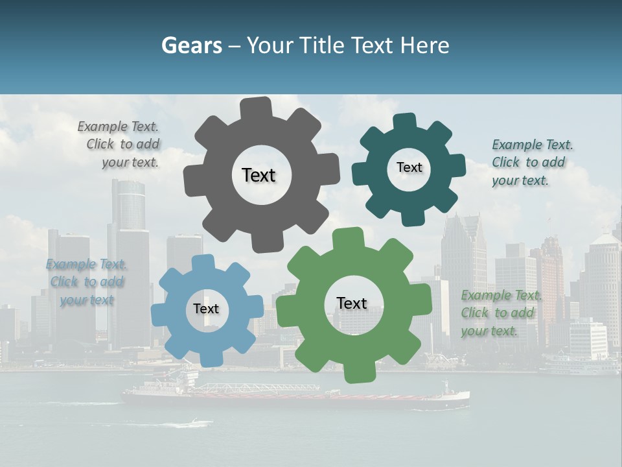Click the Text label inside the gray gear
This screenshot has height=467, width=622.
(x=259, y=175)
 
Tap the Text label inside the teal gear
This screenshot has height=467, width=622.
(x=409, y=167)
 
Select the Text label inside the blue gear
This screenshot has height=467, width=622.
(x=206, y=309)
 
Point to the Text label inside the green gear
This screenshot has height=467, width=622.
(x=352, y=303)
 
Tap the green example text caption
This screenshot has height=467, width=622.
(x=500, y=313)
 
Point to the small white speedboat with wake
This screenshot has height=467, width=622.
(x=194, y=423)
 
